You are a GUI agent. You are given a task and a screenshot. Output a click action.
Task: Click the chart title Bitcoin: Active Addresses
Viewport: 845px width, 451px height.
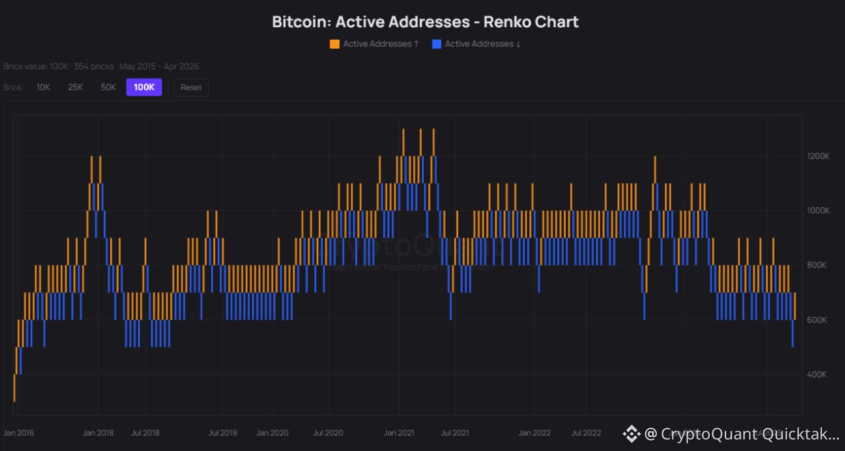(425, 22)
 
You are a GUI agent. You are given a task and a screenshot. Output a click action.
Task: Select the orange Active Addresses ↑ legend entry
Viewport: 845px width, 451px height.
(374, 44)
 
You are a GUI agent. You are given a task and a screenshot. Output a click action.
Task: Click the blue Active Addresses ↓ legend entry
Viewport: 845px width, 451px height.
(477, 44)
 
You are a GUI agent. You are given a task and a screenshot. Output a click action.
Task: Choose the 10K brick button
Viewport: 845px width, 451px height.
(44, 87)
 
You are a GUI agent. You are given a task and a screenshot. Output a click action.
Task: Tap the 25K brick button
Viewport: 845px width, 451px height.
(75, 87)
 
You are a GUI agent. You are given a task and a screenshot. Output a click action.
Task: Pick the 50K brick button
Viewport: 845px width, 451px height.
(108, 87)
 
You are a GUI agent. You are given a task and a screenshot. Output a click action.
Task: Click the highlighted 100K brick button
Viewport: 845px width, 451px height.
(144, 87)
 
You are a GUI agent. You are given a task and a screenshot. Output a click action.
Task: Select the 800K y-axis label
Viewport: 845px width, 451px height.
(818, 265)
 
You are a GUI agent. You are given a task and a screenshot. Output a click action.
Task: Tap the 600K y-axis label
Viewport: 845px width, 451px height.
(818, 320)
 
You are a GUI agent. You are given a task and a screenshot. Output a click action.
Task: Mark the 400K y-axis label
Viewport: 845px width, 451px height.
(818, 374)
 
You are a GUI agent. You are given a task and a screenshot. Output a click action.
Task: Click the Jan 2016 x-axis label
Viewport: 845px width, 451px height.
(18, 433)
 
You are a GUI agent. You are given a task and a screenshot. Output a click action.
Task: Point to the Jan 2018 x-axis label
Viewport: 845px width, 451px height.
(98, 433)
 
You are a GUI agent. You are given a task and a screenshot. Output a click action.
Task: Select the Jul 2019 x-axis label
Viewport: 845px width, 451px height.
(222, 433)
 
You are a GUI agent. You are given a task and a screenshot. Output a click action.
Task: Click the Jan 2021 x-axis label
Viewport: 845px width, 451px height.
(399, 433)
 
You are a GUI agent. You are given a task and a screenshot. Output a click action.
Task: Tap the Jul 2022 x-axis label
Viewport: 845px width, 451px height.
(586, 433)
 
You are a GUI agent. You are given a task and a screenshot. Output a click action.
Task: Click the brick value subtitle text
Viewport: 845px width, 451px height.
(101, 67)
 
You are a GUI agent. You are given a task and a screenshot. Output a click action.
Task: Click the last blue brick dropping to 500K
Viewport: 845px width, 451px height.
(792, 333)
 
